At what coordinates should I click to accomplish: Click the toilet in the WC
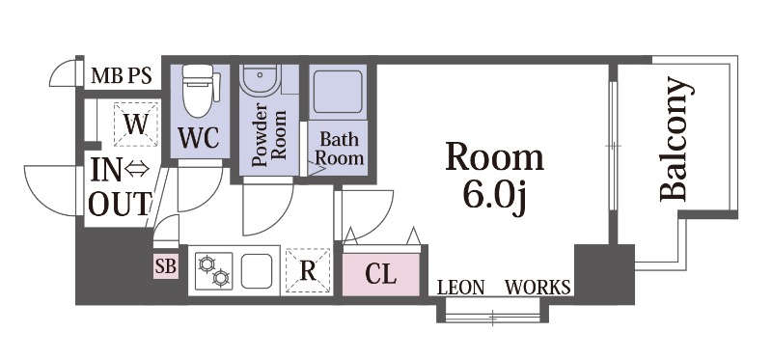[199, 91]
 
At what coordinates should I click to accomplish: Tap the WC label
[199, 137]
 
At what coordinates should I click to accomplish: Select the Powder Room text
[268, 134]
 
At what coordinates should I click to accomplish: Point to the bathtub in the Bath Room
[338, 92]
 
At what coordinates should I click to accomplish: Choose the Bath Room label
[340, 149]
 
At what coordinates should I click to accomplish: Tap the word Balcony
[675, 139]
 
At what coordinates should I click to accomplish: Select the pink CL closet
[381, 274]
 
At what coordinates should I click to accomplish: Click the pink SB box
[165, 266]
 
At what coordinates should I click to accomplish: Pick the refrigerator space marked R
[308, 271]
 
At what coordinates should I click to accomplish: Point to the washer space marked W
[135, 125]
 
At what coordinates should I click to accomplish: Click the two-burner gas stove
[213, 271]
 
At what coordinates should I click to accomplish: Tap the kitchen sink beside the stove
[257, 271]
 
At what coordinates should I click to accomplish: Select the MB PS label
[122, 76]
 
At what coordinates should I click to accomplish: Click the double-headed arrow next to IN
[137, 170]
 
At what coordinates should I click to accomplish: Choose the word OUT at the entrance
[119, 204]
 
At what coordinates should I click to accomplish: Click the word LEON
[461, 287]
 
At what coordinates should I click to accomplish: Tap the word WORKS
[538, 287]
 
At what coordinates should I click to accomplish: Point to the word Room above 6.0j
[495, 157]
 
